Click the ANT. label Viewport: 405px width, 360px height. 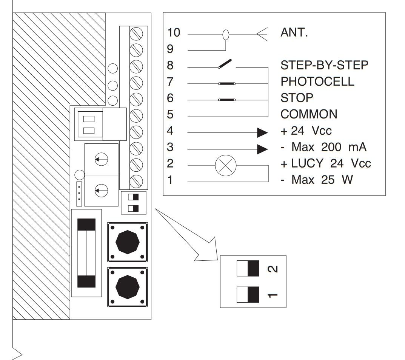[x=294, y=32]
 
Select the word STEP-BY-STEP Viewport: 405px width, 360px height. [x=324, y=65]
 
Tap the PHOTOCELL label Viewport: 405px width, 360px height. [x=317, y=82]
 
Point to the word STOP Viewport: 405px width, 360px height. [x=297, y=98]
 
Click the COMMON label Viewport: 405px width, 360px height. [x=309, y=114]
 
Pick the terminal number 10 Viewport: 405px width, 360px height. [x=174, y=32]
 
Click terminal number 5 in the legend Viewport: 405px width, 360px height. [x=170, y=114]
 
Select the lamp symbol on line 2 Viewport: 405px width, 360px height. [x=226, y=166]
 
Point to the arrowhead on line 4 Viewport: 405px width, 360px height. [x=262, y=133]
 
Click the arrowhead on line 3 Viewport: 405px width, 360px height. [x=262, y=149]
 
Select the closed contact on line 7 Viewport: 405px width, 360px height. [x=227, y=84]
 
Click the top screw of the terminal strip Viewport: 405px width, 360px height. [x=136, y=34]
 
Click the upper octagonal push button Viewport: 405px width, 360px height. [x=128, y=242]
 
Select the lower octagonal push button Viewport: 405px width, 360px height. [x=128, y=287]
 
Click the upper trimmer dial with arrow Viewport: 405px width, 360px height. [x=101, y=159]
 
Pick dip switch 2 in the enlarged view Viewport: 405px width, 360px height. [x=248, y=269]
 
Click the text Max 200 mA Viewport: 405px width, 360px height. [x=329, y=147]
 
